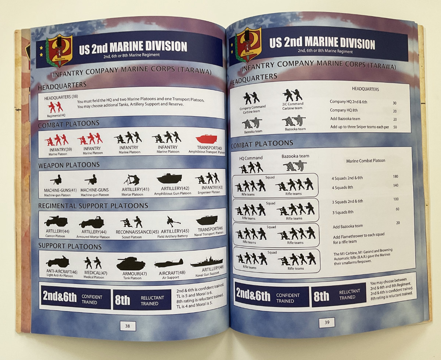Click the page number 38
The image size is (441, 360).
point(128,326)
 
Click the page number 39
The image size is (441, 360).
point(327,322)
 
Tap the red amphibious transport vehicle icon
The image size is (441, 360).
point(207,139)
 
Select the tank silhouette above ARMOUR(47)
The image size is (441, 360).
point(131,263)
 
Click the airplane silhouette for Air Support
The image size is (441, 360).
point(169,263)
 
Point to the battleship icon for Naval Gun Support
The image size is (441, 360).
point(207,261)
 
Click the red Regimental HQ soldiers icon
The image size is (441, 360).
point(55,107)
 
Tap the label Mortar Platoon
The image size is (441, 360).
point(132,194)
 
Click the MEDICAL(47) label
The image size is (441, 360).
point(96,273)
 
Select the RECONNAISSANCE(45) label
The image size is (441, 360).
point(137,232)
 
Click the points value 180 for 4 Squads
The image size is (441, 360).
point(395,177)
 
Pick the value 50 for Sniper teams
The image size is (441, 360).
point(395,127)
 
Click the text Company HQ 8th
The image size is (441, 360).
point(344,110)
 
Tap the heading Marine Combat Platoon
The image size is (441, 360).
point(366,161)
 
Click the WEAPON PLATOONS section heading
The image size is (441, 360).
point(69,165)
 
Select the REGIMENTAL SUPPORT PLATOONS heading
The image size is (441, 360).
point(93,206)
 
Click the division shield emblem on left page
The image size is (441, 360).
point(59,51)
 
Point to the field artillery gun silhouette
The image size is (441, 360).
point(173,221)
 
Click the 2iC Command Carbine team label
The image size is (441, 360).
point(293,106)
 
